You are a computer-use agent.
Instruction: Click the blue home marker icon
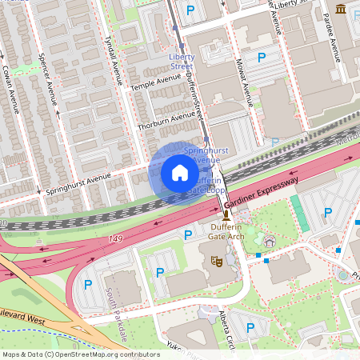180,173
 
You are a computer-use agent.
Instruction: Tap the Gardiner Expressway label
261,194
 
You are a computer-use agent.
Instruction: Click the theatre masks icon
214,260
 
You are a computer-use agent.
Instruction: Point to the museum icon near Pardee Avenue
342,10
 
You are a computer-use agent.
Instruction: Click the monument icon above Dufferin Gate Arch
226,216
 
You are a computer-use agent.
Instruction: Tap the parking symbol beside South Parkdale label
88,283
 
